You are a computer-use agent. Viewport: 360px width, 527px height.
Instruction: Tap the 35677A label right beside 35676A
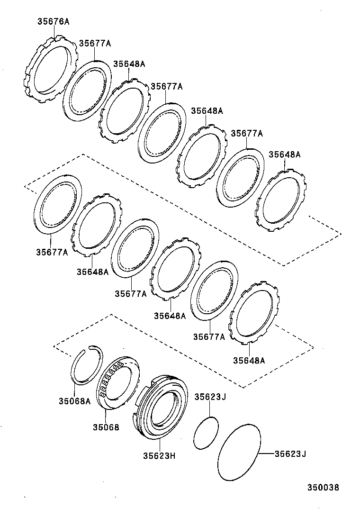(x=95, y=43)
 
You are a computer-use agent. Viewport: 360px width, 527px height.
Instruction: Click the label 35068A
(x=74, y=401)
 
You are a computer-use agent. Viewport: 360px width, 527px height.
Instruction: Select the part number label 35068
(x=106, y=427)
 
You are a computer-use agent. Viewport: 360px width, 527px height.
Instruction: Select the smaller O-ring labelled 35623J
(x=206, y=432)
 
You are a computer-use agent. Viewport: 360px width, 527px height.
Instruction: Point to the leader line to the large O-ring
(x=267, y=454)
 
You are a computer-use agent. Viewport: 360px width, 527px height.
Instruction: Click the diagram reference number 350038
(x=323, y=487)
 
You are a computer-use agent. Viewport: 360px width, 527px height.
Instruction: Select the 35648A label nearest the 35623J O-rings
(x=249, y=360)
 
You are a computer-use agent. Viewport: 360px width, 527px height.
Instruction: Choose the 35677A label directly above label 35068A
(x=52, y=252)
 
